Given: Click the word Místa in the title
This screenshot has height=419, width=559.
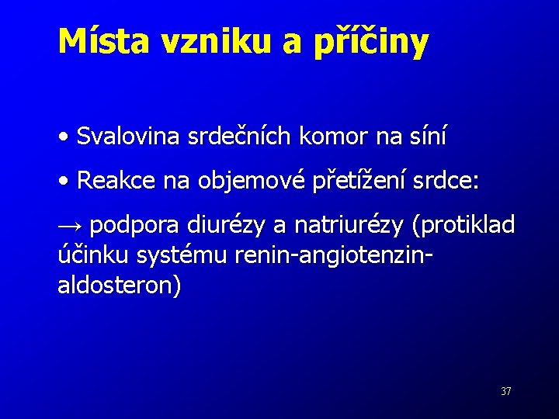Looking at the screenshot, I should coord(105,42).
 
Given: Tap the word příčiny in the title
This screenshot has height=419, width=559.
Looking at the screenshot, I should coord(370,43).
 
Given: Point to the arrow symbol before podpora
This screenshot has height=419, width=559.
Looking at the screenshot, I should coord(71,226).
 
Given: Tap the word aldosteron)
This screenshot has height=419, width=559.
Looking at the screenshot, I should coord(120,285).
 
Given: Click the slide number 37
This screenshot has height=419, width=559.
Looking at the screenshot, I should coord(505,392).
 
